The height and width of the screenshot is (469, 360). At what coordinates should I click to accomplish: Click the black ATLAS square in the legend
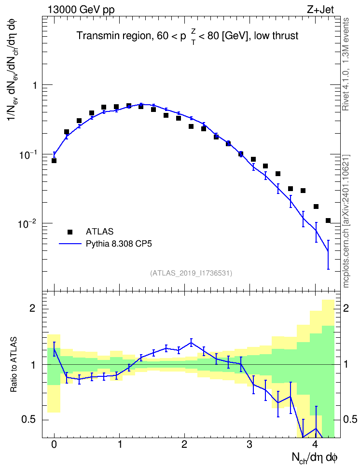[70, 232]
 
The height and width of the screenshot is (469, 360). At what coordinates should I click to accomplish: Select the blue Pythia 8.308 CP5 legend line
[70, 244]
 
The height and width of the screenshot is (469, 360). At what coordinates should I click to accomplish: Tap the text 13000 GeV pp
[81, 10]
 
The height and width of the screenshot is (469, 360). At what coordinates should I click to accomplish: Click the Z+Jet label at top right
[320, 10]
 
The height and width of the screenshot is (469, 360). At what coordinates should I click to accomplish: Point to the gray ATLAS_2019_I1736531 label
[191, 273]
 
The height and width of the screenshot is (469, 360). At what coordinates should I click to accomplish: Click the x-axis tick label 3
[249, 444]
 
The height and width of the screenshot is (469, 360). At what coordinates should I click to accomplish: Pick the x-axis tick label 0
[54, 444]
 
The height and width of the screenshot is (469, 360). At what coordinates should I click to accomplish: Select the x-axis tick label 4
[315, 444]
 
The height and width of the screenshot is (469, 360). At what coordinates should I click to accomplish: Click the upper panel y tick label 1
[35, 85]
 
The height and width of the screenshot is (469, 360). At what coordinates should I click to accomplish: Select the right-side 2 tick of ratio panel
[346, 308]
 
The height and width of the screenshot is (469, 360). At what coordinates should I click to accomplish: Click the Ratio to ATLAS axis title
[14, 364]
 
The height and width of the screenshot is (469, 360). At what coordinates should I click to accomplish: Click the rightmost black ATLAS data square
[328, 221]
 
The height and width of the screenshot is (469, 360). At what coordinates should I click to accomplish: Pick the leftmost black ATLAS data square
[54, 161]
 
